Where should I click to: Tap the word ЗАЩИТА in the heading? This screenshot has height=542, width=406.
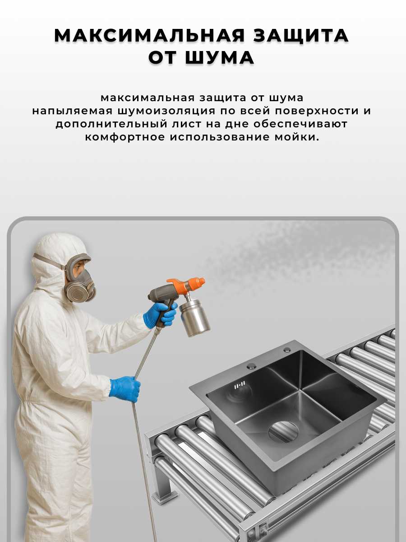click(301, 36)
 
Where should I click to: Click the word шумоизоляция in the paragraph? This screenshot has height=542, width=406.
click(167, 111)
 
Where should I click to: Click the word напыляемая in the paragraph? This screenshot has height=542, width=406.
click(73, 111)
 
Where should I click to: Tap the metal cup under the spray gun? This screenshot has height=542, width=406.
click(195, 316)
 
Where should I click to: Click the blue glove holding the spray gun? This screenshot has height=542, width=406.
click(160, 315)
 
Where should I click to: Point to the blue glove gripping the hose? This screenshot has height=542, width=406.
click(125, 389)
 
